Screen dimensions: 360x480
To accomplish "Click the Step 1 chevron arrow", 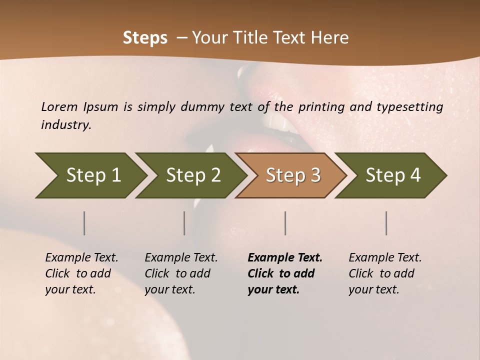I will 93,175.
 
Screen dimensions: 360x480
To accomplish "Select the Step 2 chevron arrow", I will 193,175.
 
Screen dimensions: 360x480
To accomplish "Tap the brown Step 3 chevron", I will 293,175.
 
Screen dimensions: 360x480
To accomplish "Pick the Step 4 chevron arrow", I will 393,175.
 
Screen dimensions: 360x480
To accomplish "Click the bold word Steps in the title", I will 145,37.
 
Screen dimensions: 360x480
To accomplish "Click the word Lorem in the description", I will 59,106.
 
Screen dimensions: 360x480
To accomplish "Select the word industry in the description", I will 65,124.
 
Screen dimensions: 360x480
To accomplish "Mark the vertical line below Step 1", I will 84,223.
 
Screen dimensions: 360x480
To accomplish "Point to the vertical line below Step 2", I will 184,223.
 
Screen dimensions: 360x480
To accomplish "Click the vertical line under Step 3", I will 285,223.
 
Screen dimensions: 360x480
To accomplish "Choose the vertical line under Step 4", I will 386,223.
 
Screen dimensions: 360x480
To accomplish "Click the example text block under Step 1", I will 81,273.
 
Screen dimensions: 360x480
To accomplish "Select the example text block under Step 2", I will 181,273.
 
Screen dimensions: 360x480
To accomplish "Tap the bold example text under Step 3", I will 285,273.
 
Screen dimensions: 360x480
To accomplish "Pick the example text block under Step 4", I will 385,273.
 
